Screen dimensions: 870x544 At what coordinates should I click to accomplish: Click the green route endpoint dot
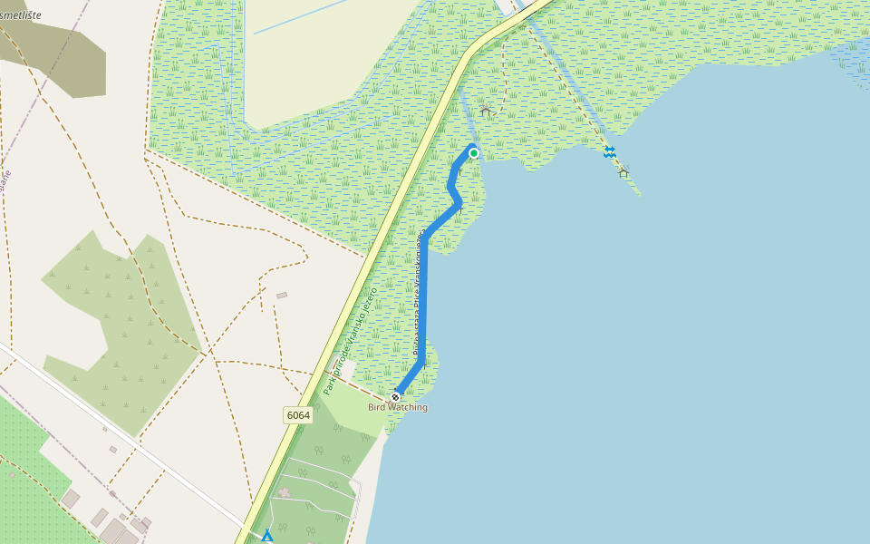click(473, 153)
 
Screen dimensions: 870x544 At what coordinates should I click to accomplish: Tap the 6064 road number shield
click(297, 415)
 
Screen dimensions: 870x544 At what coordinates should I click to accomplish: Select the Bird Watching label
click(397, 408)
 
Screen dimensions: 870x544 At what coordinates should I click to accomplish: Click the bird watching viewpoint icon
click(395, 396)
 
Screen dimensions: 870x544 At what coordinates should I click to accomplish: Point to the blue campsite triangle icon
click(266, 537)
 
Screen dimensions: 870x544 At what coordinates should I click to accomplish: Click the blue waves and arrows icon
click(610, 152)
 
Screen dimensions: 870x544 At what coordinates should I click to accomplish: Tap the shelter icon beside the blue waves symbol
click(623, 171)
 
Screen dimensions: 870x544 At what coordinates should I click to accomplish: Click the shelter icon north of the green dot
click(485, 111)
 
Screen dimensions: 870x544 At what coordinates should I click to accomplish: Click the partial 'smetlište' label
click(20, 15)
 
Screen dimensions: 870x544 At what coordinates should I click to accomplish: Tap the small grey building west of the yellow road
click(282, 295)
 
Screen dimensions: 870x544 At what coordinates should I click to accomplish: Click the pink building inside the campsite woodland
click(285, 493)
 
